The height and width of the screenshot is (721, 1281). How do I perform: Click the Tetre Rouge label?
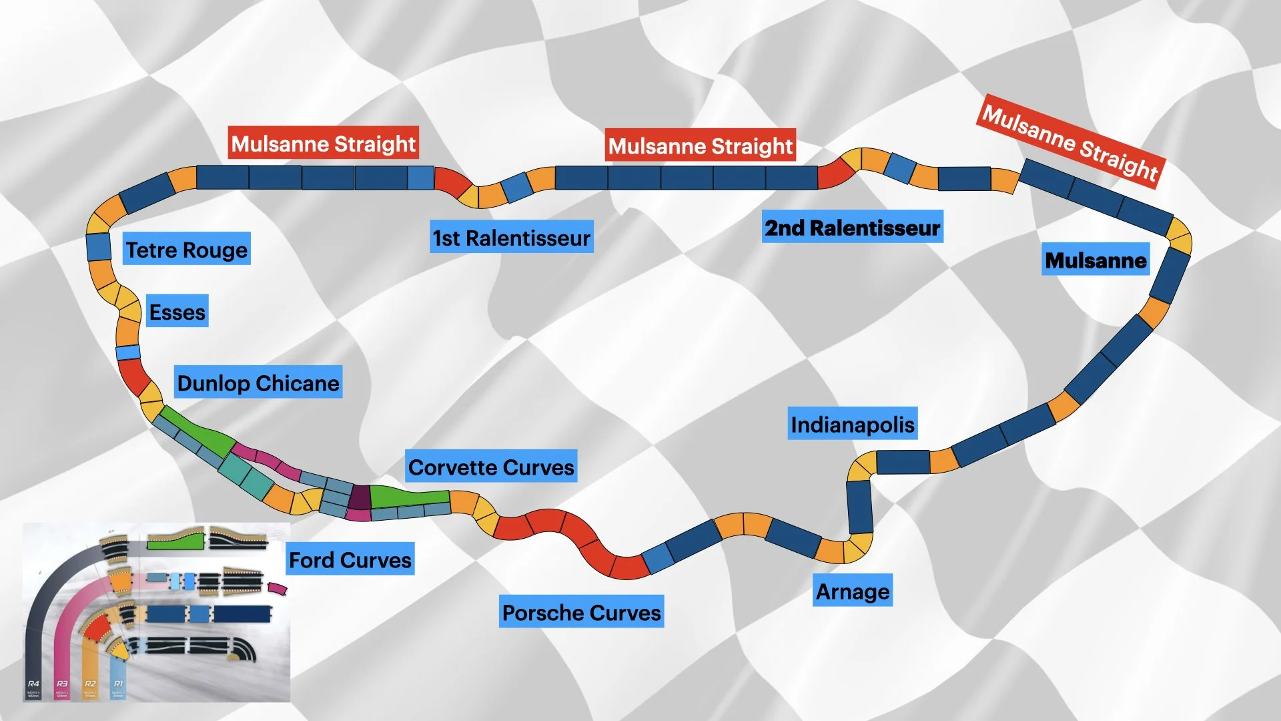(x=186, y=249)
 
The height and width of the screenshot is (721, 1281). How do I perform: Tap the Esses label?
(x=177, y=311)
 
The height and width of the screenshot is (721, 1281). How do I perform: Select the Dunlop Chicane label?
(x=258, y=383)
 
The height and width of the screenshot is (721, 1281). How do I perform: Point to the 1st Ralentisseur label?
(x=511, y=237)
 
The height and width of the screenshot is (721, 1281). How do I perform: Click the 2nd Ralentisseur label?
(x=852, y=228)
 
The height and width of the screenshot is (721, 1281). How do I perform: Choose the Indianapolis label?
(x=852, y=424)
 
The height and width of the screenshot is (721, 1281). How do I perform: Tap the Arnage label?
(x=852, y=591)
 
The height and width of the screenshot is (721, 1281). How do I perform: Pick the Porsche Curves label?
(x=581, y=612)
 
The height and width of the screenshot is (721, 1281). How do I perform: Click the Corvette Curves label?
(x=491, y=467)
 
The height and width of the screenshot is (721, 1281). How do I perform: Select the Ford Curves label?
(x=350, y=559)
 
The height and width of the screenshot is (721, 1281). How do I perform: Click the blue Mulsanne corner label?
(x=1096, y=260)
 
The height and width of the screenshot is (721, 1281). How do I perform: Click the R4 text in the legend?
(x=33, y=684)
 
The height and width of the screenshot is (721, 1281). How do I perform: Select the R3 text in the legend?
(x=62, y=684)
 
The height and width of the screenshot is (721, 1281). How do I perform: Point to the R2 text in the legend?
(x=90, y=684)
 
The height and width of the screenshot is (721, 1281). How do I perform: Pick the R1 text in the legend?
(x=118, y=684)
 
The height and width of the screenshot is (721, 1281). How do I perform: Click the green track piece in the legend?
(x=175, y=541)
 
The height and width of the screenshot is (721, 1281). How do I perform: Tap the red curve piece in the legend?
(x=97, y=628)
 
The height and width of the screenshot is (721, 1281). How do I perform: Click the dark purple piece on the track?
(x=360, y=497)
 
